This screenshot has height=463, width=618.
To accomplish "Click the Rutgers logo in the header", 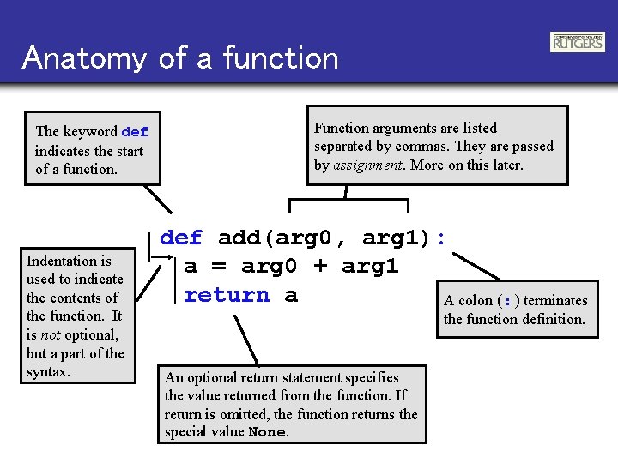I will tap(577, 42).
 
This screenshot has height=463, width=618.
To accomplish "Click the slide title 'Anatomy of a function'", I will tap(181, 58).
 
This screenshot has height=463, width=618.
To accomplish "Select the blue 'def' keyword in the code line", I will tap(182, 238).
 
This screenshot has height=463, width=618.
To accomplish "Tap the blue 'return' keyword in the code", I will tap(226, 296).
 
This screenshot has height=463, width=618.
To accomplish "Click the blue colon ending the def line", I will tap(441, 238).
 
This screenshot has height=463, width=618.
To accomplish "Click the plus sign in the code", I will tap(319, 267).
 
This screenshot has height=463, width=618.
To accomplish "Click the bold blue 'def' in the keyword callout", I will tap(136, 132).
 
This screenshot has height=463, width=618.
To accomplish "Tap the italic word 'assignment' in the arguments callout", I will tap(368, 165).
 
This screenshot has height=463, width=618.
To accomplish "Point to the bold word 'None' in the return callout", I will tap(266, 432).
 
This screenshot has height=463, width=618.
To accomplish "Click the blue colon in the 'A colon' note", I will tap(509, 301).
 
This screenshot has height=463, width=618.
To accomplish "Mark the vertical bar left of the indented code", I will tap(176, 279).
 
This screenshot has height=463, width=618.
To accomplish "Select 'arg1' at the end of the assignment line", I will tap(370, 267).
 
